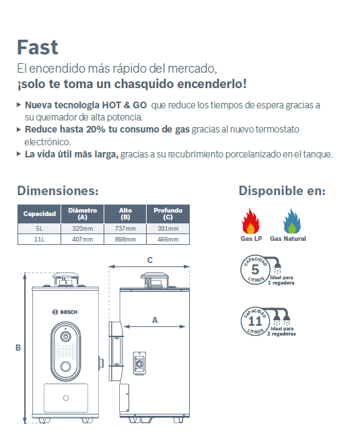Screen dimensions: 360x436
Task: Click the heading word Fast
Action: pyautogui.click(x=38, y=47)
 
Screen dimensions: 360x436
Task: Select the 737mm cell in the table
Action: pyautogui.click(x=125, y=229)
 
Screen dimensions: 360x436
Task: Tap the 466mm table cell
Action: pyautogui.click(x=168, y=239)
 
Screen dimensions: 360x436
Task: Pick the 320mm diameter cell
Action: pyautogui.click(x=83, y=229)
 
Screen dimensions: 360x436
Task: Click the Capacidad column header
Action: pyautogui.click(x=39, y=214)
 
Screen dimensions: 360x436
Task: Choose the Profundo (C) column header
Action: pyautogui.click(x=168, y=214)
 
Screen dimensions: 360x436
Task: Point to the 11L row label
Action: pyautogui.click(x=39, y=239)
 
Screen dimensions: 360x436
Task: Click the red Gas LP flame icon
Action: pyautogui.click(x=250, y=221)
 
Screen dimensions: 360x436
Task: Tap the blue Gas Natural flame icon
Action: pyautogui.click(x=292, y=221)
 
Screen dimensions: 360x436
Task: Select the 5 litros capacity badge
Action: pyautogui.click(x=255, y=270)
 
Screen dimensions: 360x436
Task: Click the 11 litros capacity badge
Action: pyautogui.click(x=255, y=322)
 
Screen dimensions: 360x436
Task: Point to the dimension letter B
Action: pyautogui.click(x=18, y=348)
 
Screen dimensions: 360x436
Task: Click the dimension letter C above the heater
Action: pyautogui.click(x=150, y=260)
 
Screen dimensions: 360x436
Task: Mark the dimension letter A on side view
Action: pyautogui.click(x=155, y=320)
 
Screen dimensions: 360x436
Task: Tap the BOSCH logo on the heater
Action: pyautogui.click(x=65, y=312)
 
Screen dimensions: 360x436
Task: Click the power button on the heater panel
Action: pyautogui.click(x=65, y=337)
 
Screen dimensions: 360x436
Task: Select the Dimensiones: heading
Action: pyautogui.click(x=58, y=191)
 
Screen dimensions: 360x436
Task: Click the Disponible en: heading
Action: pyautogui.click(x=282, y=191)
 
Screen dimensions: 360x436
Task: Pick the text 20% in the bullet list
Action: pyautogui.click(x=96, y=129)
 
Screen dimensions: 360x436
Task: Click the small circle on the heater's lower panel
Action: pyautogui.click(x=66, y=398)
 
